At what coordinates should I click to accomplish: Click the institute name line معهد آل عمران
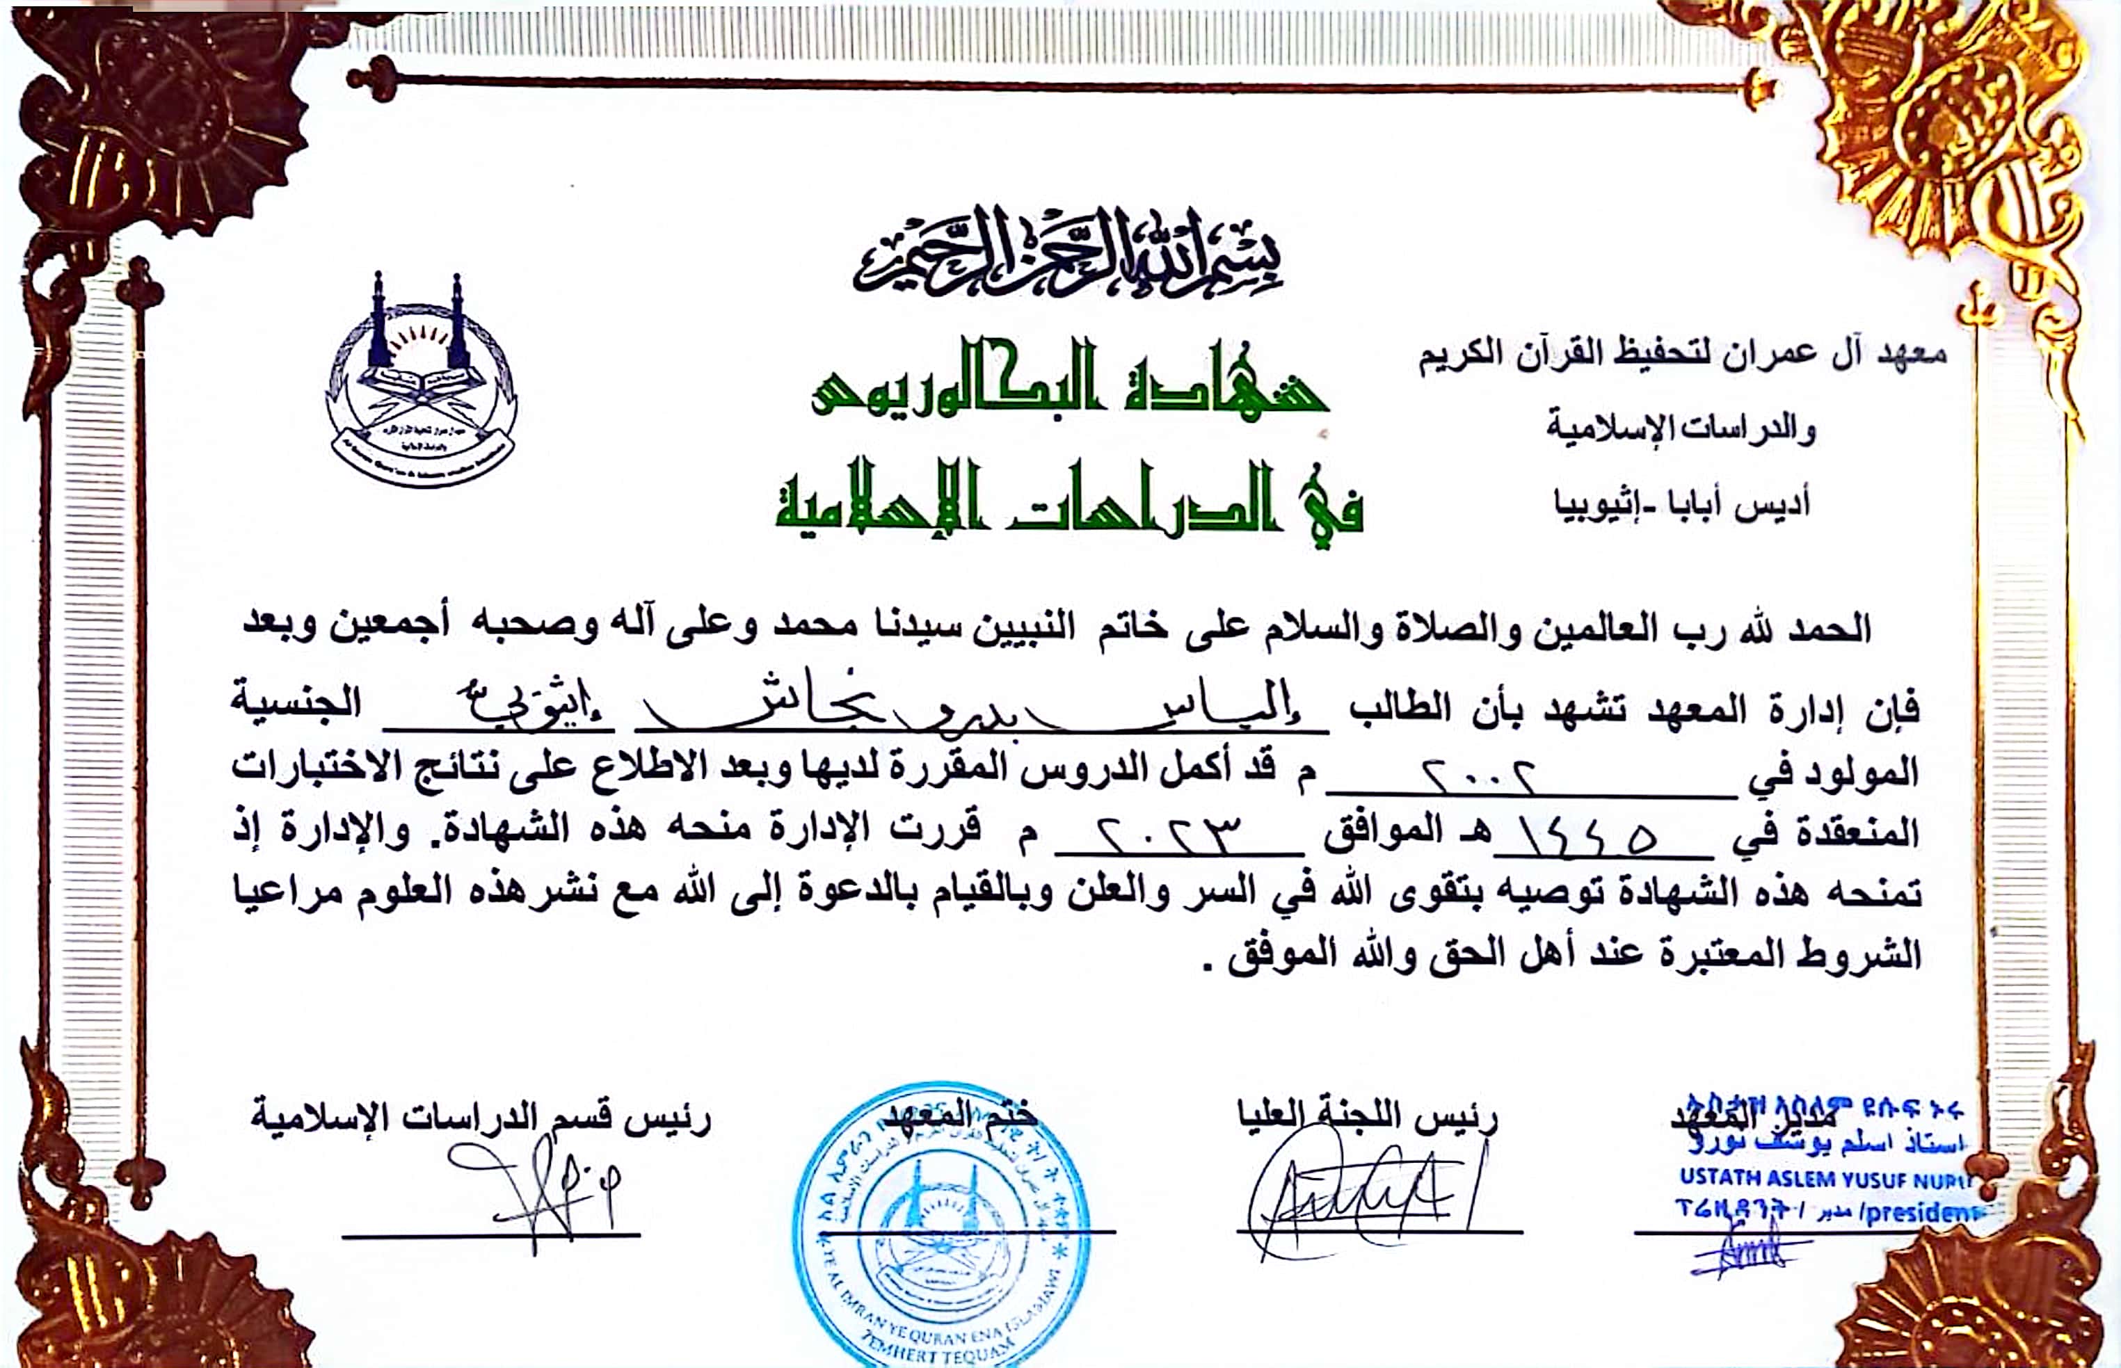click(1681, 355)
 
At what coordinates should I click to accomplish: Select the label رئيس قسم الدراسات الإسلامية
click(481, 1118)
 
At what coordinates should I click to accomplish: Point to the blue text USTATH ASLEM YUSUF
click(1822, 1179)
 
